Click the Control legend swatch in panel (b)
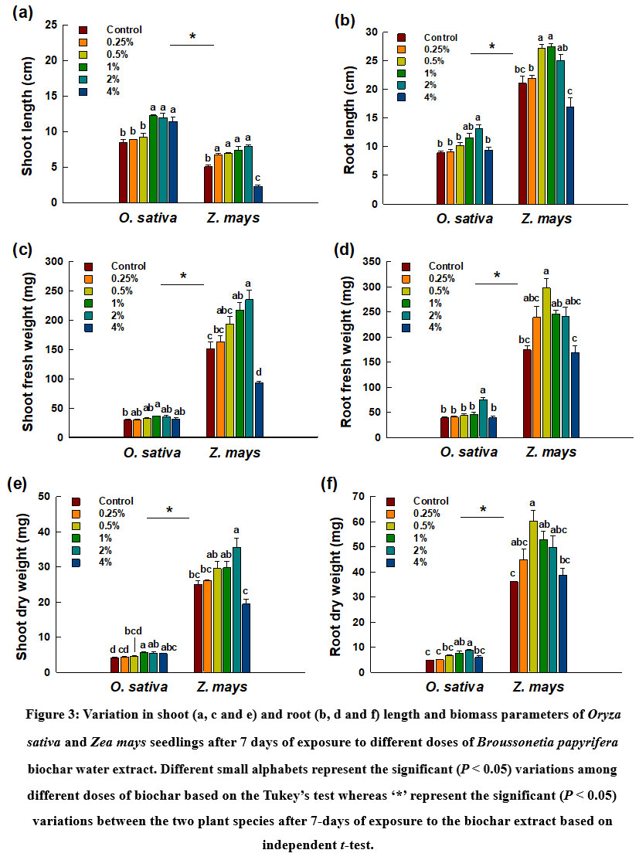click(x=403, y=37)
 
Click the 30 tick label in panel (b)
click(x=369, y=32)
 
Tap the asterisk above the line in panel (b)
click(x=491, y=46)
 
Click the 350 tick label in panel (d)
click(x=371, y=262)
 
